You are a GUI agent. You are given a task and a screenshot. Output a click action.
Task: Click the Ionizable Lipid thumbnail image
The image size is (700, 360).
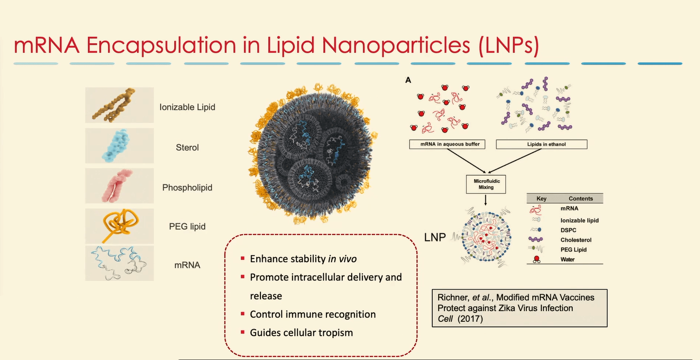119,105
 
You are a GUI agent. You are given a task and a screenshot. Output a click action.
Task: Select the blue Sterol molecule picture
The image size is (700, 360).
119,146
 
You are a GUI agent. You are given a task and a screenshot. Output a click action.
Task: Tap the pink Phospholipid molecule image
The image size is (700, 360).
119,186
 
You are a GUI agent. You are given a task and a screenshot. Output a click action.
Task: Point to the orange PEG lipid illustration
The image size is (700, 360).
119,226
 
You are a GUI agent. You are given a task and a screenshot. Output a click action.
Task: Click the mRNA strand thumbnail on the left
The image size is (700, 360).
119,263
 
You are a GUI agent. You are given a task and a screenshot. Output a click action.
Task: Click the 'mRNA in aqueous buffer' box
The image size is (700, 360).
447,144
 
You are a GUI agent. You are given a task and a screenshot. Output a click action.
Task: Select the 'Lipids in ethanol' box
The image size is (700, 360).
542,144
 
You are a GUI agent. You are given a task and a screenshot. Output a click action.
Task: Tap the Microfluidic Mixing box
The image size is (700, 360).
486,184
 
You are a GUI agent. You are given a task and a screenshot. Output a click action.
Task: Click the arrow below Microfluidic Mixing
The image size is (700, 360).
486,200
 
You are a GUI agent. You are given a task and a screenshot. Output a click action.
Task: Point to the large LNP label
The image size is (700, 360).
435,238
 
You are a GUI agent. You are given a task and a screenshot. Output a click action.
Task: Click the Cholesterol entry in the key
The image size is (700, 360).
576,240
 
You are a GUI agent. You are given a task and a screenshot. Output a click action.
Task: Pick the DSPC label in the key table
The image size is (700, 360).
569,231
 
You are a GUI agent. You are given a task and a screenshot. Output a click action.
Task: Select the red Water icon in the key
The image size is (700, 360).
537,259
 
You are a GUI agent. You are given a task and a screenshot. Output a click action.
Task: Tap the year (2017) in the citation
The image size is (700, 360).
470,319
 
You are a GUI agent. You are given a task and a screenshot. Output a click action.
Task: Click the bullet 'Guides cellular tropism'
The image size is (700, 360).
301,333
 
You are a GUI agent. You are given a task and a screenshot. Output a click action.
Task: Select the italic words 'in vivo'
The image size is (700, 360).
342,259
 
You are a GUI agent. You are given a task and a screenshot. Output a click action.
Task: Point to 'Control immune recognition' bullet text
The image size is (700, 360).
313,314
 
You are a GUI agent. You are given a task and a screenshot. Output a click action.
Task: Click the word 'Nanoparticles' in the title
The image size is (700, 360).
396,46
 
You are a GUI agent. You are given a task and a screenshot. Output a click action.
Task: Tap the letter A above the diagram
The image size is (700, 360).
408,80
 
